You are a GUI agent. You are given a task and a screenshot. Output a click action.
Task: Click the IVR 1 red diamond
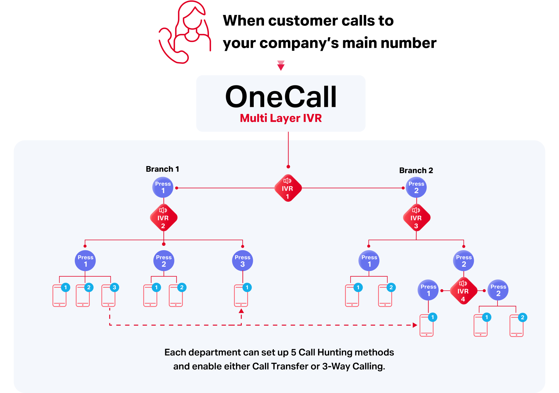click(x=288, y=188)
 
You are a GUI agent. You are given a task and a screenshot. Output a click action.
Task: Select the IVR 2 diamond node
click(x=163, y=218)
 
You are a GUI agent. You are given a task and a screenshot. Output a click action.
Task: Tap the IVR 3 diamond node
click(x=416, y=218)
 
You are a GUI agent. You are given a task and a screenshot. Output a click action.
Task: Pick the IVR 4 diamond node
click(x=463, y=291)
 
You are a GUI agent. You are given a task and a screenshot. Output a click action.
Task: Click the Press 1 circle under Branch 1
click(x=163, y=187)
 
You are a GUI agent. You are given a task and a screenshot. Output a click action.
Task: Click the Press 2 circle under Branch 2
click(x=416, y=187)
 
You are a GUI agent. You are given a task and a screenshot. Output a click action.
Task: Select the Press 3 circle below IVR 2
click(x=243, y=261)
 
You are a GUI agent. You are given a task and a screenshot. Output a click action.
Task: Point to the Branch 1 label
click(x=162, y=169)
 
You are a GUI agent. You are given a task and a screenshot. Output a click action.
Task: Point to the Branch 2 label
click(x=416, y=170)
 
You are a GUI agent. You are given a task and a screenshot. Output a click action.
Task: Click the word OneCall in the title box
click(x=281, y=97)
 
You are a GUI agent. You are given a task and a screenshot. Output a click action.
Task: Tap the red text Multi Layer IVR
click(x=281, y=118)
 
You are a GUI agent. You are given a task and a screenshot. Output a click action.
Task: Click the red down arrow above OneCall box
click(x=281, y=65)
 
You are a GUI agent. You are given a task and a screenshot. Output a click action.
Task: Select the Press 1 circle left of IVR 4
click(x=428, y=290)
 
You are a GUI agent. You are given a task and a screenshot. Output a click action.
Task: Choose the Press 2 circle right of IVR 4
click(x=498, y=290)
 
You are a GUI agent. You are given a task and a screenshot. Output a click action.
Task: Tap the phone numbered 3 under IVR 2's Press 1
click(x=109, y=296)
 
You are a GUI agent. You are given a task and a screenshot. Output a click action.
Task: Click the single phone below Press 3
click(x=241, y=296)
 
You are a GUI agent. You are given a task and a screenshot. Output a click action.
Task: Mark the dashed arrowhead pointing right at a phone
click(x=415, y=325)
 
